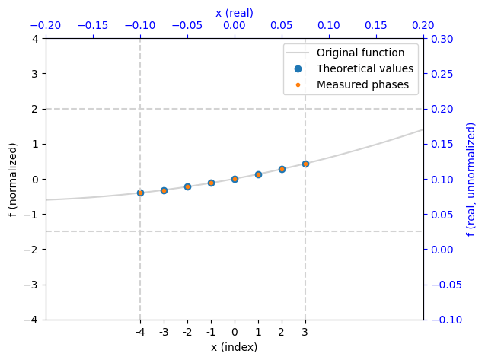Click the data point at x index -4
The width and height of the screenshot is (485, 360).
[140, 193]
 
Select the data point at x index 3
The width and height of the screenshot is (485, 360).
[305, 164]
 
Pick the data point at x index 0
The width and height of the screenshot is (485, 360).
[235, 179]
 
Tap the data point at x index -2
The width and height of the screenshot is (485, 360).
[187, 186]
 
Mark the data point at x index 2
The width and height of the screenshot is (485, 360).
[282, 169]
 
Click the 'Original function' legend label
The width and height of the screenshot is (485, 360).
[360, 53]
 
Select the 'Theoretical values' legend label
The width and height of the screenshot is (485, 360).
[365, 68]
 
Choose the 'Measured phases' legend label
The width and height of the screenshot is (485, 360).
[362, 84]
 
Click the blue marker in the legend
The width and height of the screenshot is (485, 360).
[298, 68]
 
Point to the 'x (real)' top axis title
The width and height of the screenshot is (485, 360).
[235, 13]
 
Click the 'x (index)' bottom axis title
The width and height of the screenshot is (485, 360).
[235, 347]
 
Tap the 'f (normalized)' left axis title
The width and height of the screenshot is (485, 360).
[12, 180]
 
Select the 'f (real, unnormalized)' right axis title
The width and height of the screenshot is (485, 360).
[471, 180]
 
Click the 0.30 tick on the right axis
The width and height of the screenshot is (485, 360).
[442, 39]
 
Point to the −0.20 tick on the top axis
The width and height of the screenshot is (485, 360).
[46, 25]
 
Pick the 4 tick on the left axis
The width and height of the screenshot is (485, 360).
[35, 39]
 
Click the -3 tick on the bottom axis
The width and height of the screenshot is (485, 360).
[164, 332]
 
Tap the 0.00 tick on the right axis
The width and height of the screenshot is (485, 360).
[442, 250]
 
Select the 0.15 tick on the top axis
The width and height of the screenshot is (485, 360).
[376, 25]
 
